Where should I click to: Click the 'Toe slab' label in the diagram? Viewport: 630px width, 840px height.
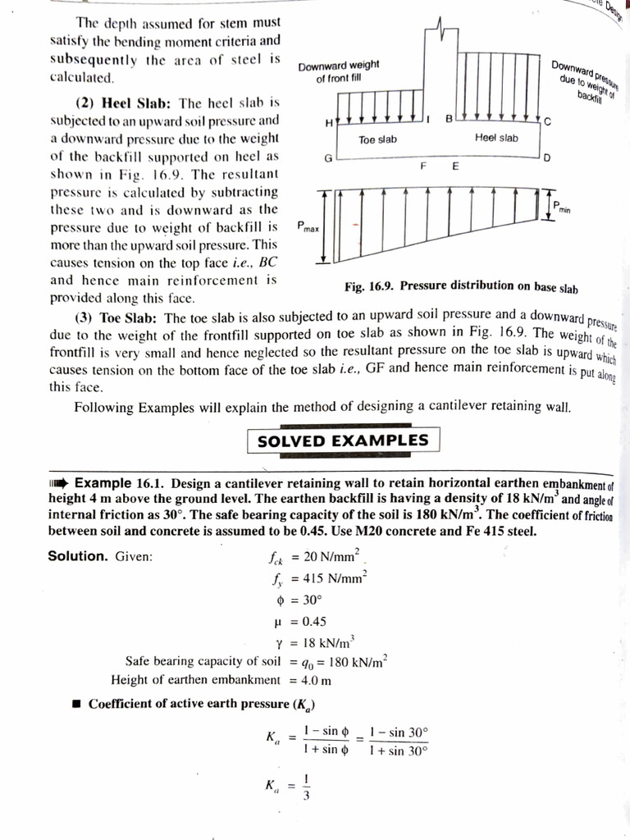click(378, 139)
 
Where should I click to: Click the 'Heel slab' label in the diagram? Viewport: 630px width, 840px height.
click(496, 138)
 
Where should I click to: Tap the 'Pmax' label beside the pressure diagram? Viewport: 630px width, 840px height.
click(309, 226)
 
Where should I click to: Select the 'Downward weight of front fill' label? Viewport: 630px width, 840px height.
click(339, 72)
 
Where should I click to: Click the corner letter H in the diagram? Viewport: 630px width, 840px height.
click(330, 123)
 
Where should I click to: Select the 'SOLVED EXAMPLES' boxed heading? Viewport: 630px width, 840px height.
click(343, 441)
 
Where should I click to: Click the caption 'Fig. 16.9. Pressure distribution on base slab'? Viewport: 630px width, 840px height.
click(461, 287)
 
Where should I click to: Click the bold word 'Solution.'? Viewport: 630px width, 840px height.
click(78, 556)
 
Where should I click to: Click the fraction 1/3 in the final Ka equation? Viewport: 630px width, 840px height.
click(306, 787)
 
